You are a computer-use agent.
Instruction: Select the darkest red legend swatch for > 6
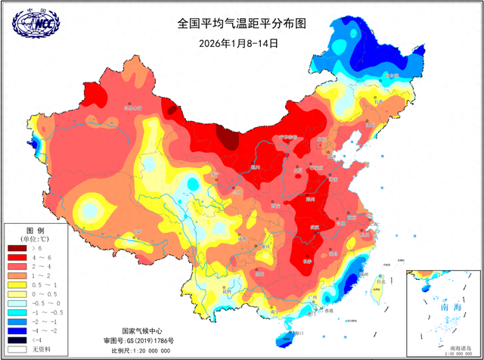pos(17,247)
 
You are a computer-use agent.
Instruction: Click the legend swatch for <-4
pos(17,339)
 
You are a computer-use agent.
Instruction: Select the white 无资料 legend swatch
pos(17,349)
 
